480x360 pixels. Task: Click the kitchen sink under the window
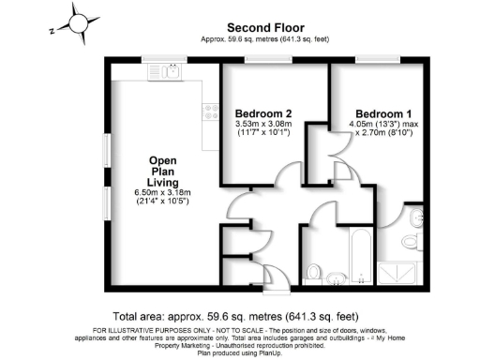pyautogui.click(x=172, y=70)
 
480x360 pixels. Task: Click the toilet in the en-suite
pyautogui.click(x=411, y=242)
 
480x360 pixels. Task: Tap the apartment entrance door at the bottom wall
pyautogui.click(x=282, y=281)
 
